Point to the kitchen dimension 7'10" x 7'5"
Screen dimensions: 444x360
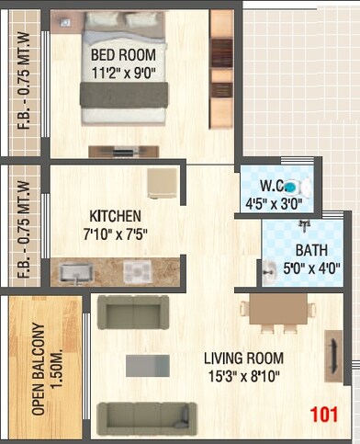[x=115, y=233]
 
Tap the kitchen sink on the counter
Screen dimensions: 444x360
[x=76, y=272]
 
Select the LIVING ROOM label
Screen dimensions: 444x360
[x=242, y=358]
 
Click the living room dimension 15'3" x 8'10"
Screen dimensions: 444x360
[x=242, y=376]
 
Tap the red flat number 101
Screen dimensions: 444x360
[x=323, y=414]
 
